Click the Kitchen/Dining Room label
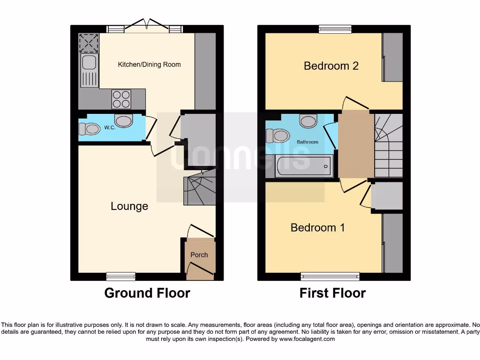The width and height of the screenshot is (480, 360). [x=149, y=65]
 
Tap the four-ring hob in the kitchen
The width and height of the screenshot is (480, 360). [x=121, y=99]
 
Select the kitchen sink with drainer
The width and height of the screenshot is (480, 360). [x=89, y=70]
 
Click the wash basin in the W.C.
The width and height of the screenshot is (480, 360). [x=124, y=121]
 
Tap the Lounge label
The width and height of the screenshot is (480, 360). [x=129, y=206]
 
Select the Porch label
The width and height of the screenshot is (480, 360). [x=199, y=255]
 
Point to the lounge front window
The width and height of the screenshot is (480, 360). [x=120, y=276]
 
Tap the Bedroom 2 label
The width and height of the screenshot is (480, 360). [x=331, y=66]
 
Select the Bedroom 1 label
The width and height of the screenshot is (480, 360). [x=318, y=228]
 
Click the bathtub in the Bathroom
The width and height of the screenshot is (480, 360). [x=303, y=166]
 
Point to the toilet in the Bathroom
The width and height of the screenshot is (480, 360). [x=277, y=136]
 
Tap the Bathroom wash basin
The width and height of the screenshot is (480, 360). [x=308, y=121]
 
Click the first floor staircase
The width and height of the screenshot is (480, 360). [x=388, y=145]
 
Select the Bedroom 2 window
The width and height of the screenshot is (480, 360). [x=335, y=29]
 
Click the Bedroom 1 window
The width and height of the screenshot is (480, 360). [x=330, y=276]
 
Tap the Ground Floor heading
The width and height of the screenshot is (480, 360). [x=147, y=293]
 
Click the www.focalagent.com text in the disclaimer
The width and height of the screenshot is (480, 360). [x=307, y=339]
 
